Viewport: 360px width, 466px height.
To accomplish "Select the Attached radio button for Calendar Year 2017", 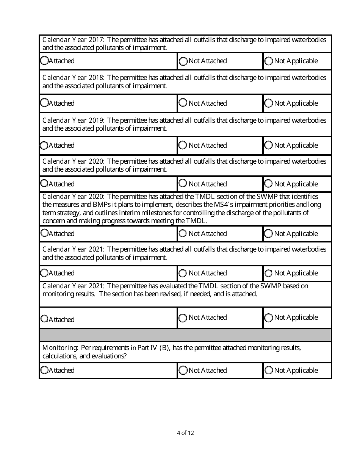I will pos(44,60).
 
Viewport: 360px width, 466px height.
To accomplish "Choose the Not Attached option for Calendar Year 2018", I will pos(183,102).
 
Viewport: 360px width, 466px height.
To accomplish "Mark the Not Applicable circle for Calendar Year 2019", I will pos(268,145).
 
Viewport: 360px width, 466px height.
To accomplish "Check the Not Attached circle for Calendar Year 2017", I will pos(183,61).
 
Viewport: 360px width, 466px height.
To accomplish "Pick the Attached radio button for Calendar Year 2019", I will pos(44,145).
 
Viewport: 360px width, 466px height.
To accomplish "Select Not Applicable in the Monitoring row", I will pos(269,370).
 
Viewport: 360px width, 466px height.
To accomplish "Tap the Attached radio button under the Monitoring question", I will pos(44,370).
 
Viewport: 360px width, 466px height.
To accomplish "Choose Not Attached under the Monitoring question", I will pos(183,370).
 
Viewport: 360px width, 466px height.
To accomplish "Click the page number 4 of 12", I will pos(185,433).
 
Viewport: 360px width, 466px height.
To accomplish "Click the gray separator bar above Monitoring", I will pos(185,335).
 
